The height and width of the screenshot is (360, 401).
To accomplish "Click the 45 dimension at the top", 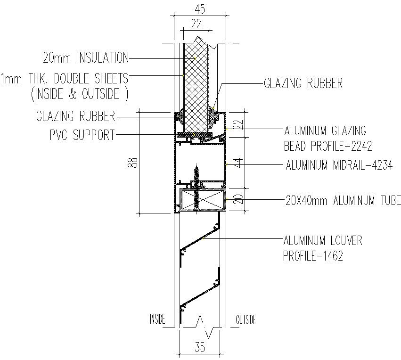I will tap(201, 8).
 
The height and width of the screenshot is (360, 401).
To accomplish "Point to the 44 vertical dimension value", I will tap(238, 163).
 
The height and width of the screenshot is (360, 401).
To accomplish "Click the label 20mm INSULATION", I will tap(85, 58).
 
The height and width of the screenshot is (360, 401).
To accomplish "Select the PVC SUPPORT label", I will tap(82, 136).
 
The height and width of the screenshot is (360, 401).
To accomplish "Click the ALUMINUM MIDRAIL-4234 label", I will tap(339, 165).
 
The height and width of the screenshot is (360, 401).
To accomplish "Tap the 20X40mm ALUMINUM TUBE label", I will tap(343, 201).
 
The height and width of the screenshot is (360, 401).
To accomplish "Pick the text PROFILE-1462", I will tap(313, 256).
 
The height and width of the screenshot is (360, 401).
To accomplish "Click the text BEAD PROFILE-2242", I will tap(328, 146).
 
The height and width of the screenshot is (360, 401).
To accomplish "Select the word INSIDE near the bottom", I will tap(157, 319).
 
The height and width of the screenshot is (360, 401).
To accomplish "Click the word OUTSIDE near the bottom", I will tap(246, 319).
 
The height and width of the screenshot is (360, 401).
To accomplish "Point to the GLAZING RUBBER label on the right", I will tap(303, 84).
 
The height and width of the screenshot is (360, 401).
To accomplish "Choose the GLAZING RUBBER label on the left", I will tap(75, 116).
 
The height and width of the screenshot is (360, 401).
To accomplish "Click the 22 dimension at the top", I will tap(197, 23).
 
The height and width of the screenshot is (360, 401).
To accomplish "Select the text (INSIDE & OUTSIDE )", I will tap(80, 94).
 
